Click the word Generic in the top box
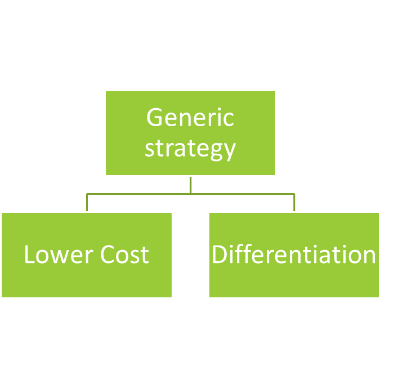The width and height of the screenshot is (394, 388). pyautogui.click(x=190, y=118)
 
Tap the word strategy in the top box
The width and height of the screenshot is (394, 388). pyautogui.click(x=190, y=148)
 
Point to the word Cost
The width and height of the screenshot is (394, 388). pyautogui.click(x=125, y=255)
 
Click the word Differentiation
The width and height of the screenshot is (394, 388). pyautogui.click(x=294, y=255)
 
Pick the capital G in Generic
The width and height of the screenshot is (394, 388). pyautogui.click(x=155, y=118)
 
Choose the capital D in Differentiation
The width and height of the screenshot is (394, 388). pyautogui.click(x=219, y=255)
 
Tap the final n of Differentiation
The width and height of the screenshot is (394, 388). pyautogui.click(x=369, y=256)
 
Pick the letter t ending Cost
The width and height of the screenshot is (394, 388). pyautogui.click(x=145, y=255)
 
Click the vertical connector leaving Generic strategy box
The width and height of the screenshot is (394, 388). pyautogui.click(x=191, y=185)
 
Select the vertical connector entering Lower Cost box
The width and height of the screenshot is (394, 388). pyautogui.click(x=87, y=203)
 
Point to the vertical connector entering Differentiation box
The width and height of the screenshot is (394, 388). pyautogui.click(x=294, y=203)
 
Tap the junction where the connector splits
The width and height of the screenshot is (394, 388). pyautogui.click(x=191, y=194)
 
